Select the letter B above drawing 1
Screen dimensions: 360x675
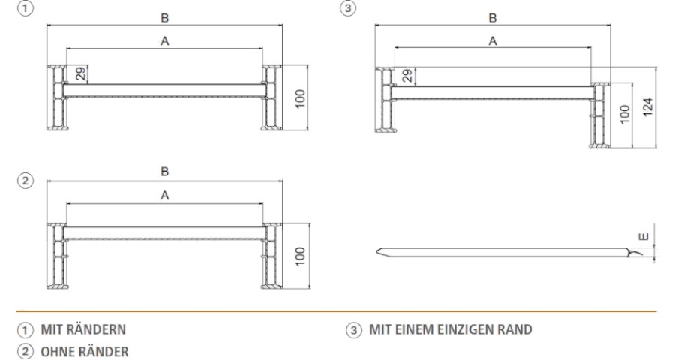pyautogui.click(x=165, y=16)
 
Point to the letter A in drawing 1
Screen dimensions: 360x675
pyautogui.click(x=165, y=42)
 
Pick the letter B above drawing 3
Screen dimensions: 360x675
pyautogui.click(x=493, y=16)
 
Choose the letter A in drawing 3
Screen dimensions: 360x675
pyautogui.click(x=493, y=42)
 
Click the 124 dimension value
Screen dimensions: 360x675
pyautogui.click(x=649, y=106)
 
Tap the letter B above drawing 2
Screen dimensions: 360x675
pyautogui.click(x=166, y=172)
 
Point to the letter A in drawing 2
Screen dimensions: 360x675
pyautogui.click(x=165, y=195)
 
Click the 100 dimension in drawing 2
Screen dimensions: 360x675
pyautogui.click(x=299, y=256)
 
